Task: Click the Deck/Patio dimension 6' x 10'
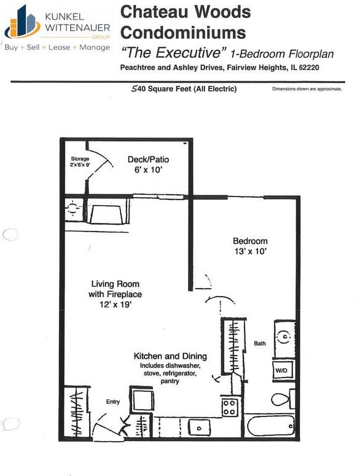[148, 170]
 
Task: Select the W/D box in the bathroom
[282, 370]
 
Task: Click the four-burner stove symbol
[230, 407]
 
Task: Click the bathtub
[270, 425]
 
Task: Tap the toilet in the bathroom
[282, 399]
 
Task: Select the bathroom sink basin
[284, 337]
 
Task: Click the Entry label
[112, 402]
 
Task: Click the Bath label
[260, 343]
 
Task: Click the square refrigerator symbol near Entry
[141, 400]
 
